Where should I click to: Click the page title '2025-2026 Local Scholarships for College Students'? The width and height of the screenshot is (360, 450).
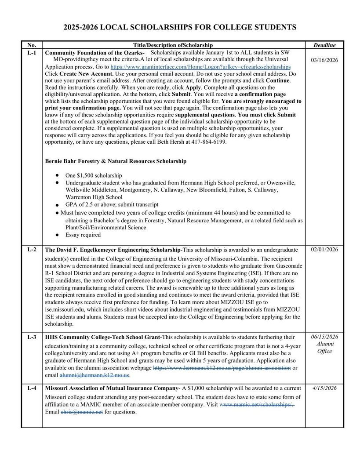tap(180, 27)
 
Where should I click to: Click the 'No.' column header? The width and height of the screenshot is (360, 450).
tap(32, 45)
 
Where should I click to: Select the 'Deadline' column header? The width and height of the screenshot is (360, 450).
tap(324, 45)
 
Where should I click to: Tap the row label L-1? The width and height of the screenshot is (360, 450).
tap(32, 53)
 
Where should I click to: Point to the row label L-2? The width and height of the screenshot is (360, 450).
tap(32, 250)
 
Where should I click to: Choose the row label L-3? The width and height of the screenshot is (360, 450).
tap(32, 337)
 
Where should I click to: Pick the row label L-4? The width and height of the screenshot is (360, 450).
tap(32, 388)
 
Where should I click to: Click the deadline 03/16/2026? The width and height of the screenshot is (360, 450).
tap(324, 60)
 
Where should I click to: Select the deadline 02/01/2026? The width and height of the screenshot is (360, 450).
tap(324, 250)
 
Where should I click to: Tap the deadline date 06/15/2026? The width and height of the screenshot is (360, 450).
tap(324, 337)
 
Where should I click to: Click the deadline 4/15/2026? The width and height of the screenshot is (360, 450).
tap(324, 388)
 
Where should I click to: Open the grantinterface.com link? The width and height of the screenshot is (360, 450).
tap(200, 67)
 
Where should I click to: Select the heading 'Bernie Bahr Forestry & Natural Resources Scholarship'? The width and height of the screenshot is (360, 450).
tap(116, 161)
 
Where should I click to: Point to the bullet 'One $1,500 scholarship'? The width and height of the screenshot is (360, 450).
tap(94, 175)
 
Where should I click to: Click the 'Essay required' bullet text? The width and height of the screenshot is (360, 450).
tap(83, 235)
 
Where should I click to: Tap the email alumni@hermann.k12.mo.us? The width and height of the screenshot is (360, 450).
tap(95, 375)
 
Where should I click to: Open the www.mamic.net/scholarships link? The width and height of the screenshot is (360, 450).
tap(256, 405)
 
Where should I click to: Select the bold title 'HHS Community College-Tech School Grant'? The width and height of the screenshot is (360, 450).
tap(103, 337)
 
